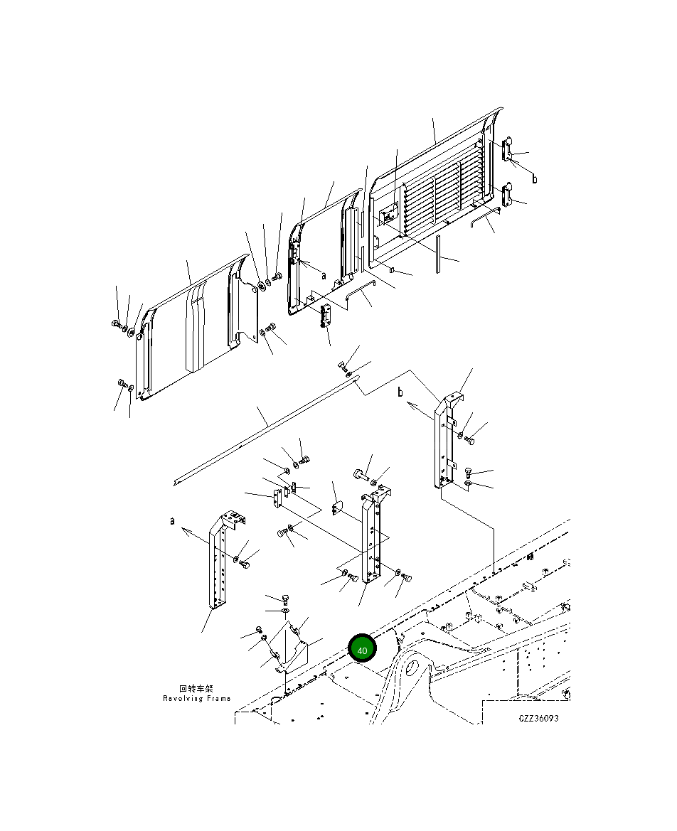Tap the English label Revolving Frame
tap(197, 699)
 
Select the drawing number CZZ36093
tap(538, 718)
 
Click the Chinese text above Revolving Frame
tap(196, 688)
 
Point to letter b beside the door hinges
tap(534, 178)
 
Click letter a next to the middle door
tap(324, 275)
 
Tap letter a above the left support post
tap(172, 521)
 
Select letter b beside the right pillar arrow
tap(400, 392)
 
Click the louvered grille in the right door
tap(442, 196)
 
